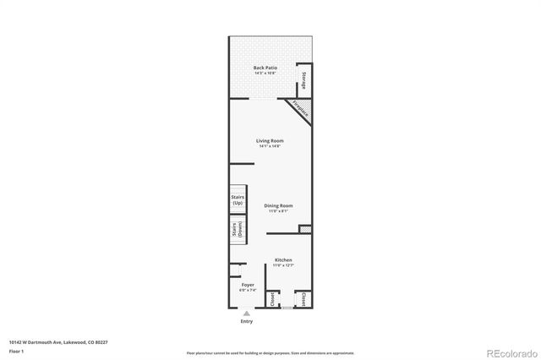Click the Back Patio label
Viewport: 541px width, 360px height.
click(x=265, y=67)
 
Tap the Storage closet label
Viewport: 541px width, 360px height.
click(x=302, y=82)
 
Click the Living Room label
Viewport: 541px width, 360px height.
click(x=270, y=140)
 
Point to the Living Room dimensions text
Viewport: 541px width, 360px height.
click(x=270, y=146)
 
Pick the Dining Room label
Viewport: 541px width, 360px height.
click(x=278, y=205)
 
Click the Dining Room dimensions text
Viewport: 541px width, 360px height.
click(x=278, y=211)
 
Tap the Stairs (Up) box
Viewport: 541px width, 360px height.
click(x=238, y=200)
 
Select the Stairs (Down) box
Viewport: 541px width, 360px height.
click(x=235, y=230)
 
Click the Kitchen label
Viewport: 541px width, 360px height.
click(x=283, y=259)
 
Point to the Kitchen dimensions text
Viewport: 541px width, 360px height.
click(x=283, y=265)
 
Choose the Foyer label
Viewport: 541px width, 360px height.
click(x=248, y=285)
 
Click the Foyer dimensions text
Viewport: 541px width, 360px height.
click(x=248, y=291)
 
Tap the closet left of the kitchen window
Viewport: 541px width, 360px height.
click(x=272, y=299)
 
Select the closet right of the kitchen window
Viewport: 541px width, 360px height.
click(x=303, y=298)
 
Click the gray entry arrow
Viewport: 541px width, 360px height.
click(x=247, y=313)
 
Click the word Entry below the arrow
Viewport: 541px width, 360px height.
click(x=247, y=321)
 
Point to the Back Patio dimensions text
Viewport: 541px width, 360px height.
click(x=265, y=73)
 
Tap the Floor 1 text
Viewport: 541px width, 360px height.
click(x=15, y=351)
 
